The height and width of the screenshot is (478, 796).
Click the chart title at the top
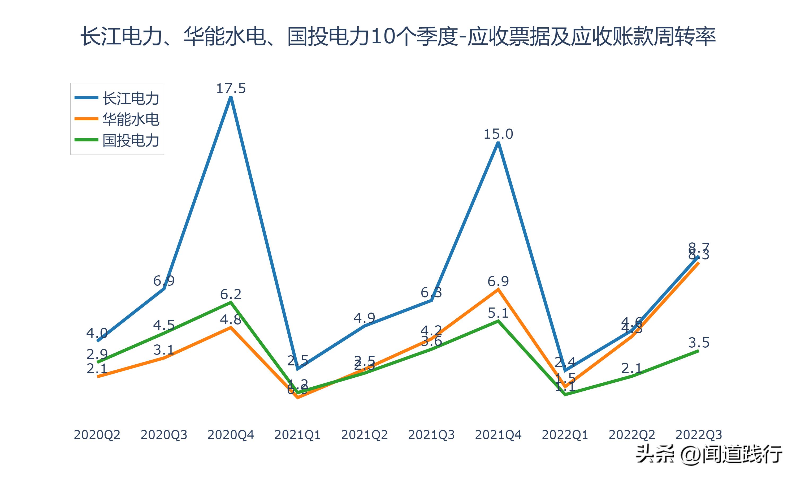click(398, 36)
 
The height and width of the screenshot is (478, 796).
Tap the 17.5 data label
click(231, 88)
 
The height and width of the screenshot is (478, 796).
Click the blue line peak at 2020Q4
click(231, 98)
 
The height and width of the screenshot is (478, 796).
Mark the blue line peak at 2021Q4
click(498, 143)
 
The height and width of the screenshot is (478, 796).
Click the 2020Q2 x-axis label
click(97, 435)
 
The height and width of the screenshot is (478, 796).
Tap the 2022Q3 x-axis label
click(699, 435)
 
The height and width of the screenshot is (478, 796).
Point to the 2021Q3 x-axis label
click(431, 435)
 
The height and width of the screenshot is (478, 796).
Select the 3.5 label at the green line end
click(699, 343)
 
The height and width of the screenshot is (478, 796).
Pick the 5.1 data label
click(498, 313)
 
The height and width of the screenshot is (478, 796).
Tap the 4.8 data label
click(231, 319)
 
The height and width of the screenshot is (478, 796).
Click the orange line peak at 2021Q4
click(498, 289)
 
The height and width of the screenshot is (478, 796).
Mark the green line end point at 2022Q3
click(698, 351)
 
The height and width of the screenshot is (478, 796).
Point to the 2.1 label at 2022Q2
click(631, 368)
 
